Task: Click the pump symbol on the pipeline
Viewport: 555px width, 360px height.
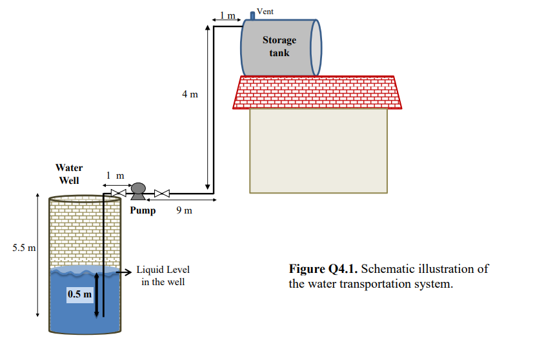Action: click(x=138, y=190)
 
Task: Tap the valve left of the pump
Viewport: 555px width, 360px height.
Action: click(x=117, y=192)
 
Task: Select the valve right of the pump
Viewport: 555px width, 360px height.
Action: click(x=161, y=192)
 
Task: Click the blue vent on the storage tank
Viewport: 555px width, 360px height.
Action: click(x=252, y=15)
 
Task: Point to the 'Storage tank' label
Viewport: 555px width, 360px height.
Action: click(x=279, y=46)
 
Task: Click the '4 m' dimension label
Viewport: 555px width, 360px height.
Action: click(x=190, y=94)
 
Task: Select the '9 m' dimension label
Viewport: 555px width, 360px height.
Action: click(x=184, y=210)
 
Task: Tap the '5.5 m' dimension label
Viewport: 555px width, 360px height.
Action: click(x=23, y=247)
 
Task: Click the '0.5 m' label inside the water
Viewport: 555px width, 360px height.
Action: click(x=80, y=295)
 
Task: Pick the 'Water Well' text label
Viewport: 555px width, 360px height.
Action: click(x=69, y=174)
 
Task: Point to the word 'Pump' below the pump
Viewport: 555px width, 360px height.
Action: click(x=143, y=210)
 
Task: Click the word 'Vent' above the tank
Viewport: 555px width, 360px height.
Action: click(x=265, y=12)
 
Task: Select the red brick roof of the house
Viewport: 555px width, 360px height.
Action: click(x=316, y=92)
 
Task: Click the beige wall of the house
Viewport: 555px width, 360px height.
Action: click(x=318, y=150)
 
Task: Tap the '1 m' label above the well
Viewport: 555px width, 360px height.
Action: click(x=116, y=175)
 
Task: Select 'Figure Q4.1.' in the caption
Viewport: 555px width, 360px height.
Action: click(x=321, y=269)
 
